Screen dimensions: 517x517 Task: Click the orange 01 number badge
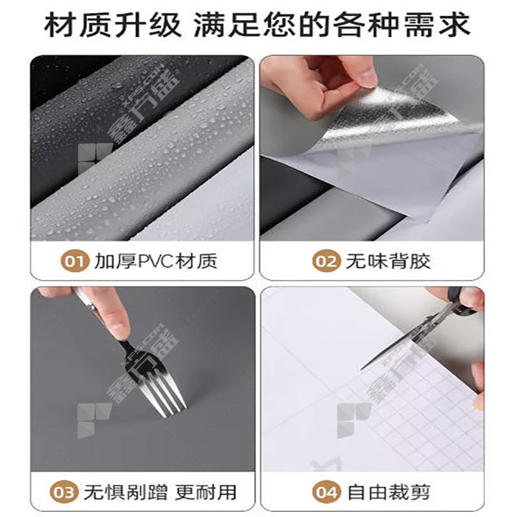[x=75, y=261]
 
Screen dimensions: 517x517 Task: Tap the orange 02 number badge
[x=326, y=261]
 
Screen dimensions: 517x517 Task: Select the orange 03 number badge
[x=64, y=492]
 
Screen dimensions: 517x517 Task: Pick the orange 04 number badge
[x=326, y=492]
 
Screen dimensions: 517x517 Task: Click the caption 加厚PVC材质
[x=156, y=262]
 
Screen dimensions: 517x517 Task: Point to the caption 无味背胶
[x=388, y=262]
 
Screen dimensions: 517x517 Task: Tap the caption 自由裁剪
[x=389, y=492]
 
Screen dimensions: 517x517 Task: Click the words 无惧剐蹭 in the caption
[x=125, y=492]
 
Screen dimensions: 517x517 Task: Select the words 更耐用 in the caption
[x=206, y=492]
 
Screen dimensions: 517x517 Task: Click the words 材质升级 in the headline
[x=112, y=25]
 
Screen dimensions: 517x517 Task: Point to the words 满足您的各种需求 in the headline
[x=332, y=25]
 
